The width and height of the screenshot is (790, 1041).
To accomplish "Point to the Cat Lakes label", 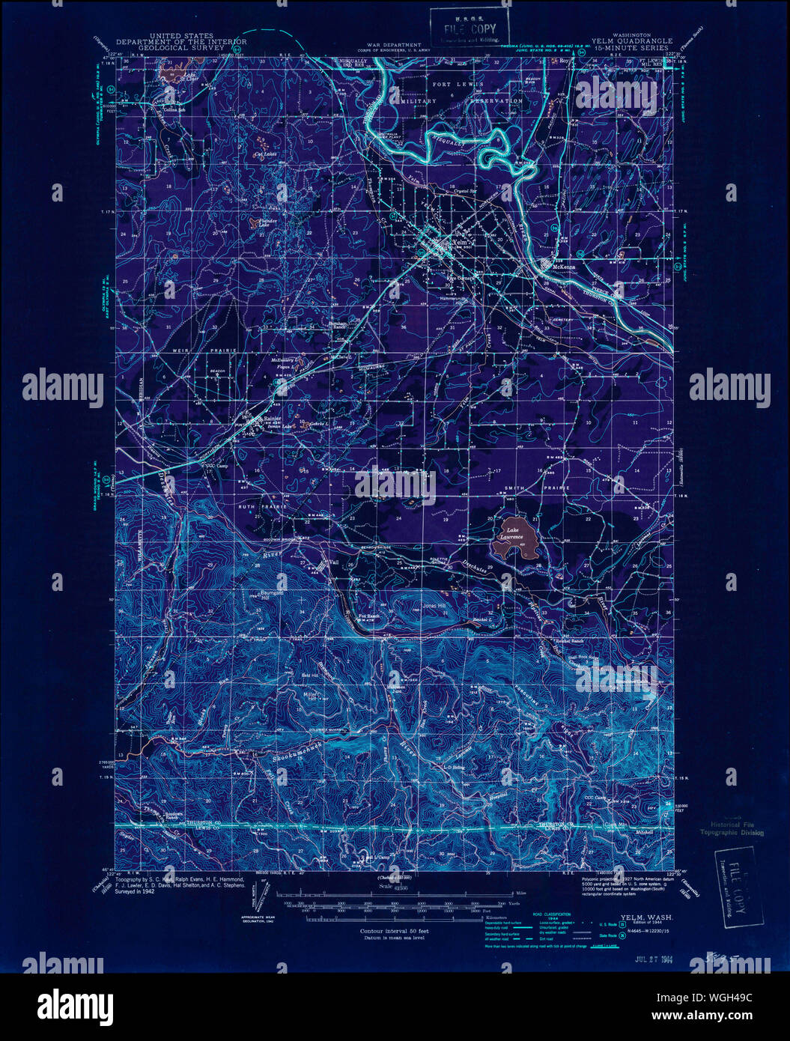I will (265, 155).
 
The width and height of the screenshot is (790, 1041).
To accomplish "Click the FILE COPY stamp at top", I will (469, 29).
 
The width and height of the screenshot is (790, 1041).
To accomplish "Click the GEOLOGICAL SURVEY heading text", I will (180, 46).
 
